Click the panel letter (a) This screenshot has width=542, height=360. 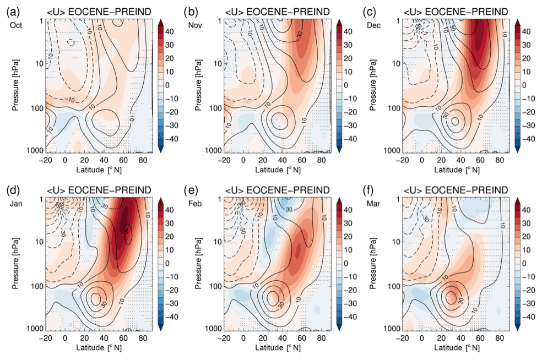pyautogui.click(x=10, y=12)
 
